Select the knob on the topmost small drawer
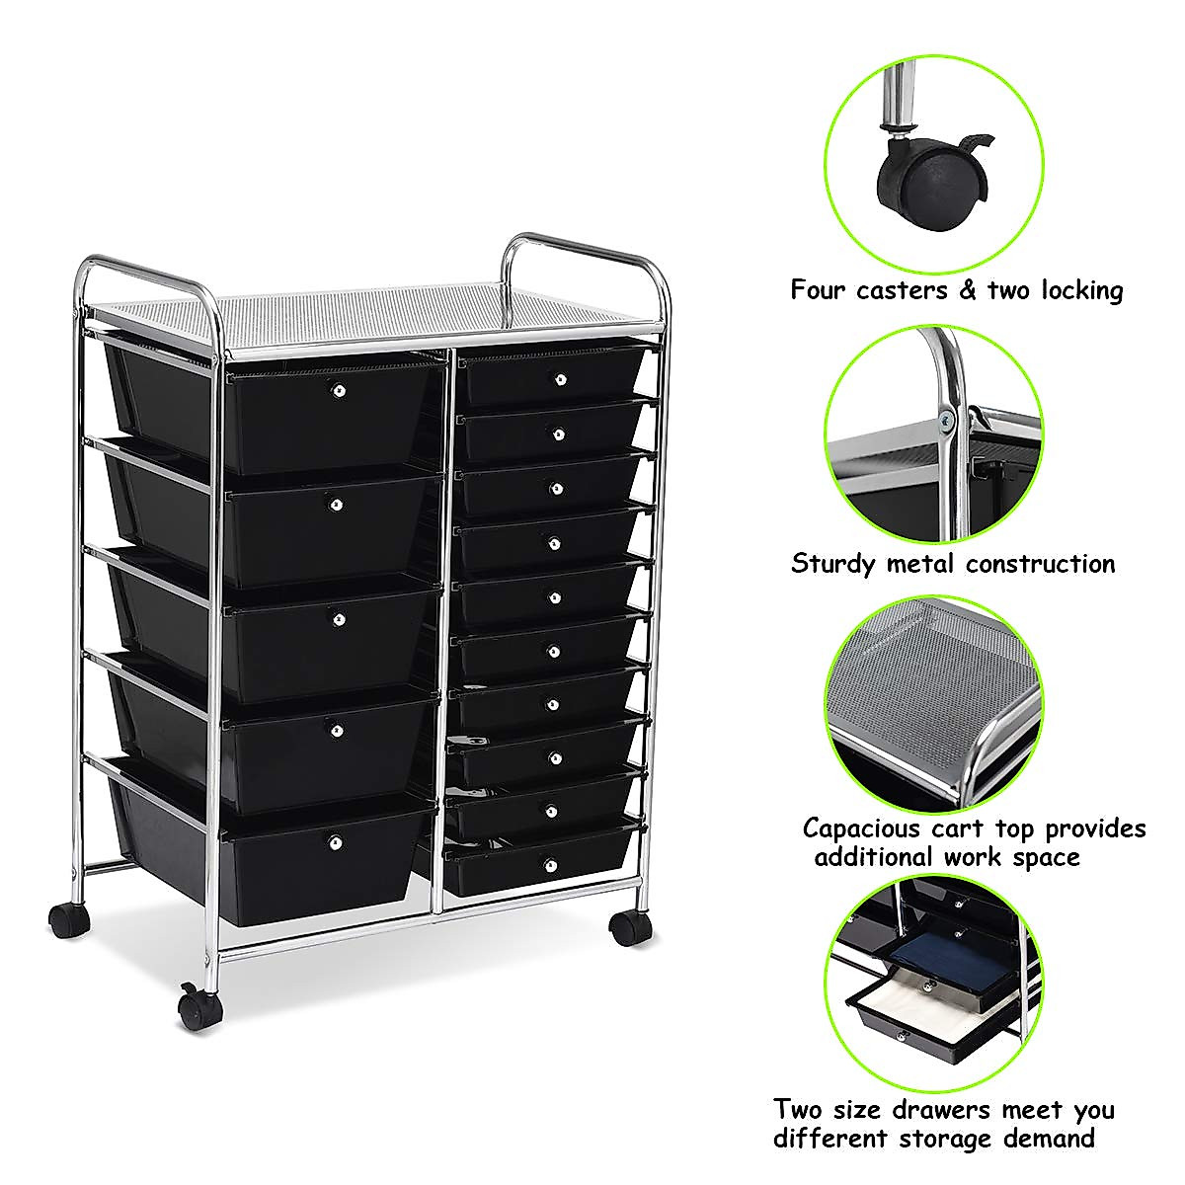(561, 379)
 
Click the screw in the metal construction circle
(948, 421)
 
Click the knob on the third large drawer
(338, 619)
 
